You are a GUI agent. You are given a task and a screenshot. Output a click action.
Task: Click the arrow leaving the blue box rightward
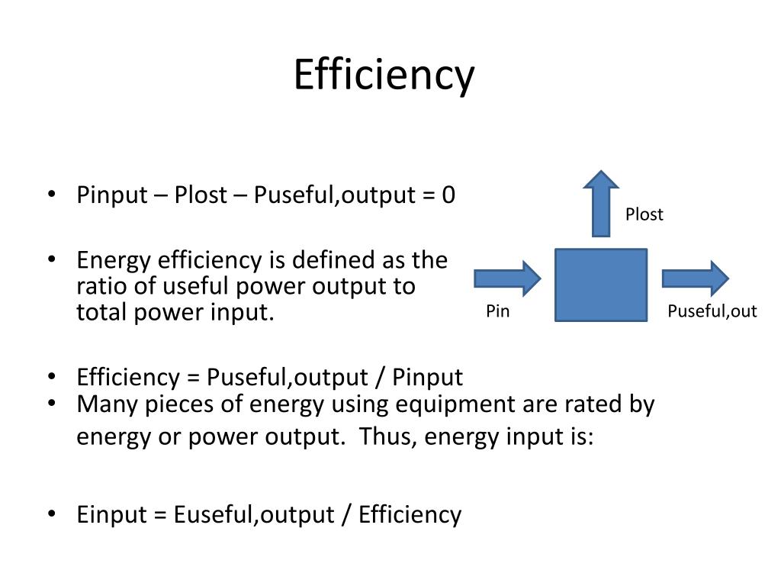click(695, 278)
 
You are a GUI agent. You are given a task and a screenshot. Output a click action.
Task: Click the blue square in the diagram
click(600, 284)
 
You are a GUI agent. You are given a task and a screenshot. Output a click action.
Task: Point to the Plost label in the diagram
click(644, 214)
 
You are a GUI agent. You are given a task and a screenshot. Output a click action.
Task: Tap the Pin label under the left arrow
click(497, 311)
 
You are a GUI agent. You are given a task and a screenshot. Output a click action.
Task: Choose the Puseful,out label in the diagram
click(712, 311)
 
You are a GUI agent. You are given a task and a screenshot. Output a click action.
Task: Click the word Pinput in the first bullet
click(111, 196)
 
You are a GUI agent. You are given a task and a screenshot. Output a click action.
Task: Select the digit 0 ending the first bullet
click(448, 195)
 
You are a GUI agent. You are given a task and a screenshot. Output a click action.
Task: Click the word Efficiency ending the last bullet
click(410, 515)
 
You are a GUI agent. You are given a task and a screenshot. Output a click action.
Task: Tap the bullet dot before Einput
click(52, 514)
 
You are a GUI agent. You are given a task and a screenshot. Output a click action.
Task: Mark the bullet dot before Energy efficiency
click(52, 259)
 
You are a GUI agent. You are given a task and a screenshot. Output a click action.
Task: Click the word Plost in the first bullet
click(201, 196)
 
